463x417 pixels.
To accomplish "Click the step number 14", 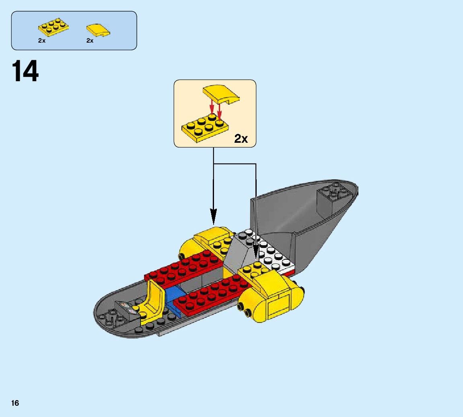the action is pyautogui.click(x=26, y=72).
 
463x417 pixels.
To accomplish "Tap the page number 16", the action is pyautogui.click(x=15, y=403).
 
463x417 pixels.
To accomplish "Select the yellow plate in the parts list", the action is pyautogui.click(x=53, y=28).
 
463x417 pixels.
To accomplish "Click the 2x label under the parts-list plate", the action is pyautogui.click(x=42, y=41).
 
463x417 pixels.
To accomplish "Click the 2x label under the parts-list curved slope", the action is pyautogui.click(x=90, y=41).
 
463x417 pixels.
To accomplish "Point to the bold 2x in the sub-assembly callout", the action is pyautogui.click(x=241, y=139).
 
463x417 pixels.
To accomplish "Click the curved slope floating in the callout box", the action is pyautogui.click(x=221, y=95).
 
